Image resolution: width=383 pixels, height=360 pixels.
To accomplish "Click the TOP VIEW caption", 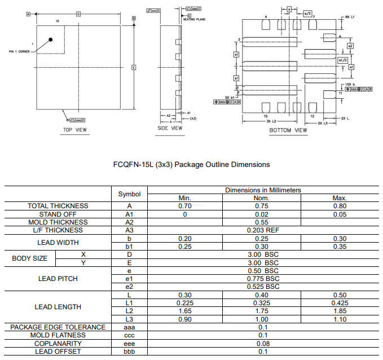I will coord(75,130).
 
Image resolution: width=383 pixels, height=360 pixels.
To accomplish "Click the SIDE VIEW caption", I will coord(170,128).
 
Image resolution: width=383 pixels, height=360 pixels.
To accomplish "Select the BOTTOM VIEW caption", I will coord(288,130).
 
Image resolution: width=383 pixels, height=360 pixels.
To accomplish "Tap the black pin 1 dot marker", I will coord(51,39).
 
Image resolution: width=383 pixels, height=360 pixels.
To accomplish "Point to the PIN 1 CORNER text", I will coord(19,51).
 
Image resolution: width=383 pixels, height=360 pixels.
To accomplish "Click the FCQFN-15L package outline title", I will coord(192,165).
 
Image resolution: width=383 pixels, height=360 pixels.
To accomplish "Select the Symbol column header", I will coord(129,194).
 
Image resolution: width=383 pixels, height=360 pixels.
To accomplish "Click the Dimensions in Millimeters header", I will coord(263,190).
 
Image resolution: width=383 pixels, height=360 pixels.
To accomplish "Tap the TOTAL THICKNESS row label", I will coord(58,206).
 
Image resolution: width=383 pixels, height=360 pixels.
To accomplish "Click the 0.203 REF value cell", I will coord(263,230).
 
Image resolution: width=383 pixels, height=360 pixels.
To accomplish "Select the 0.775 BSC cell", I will coord(263,279).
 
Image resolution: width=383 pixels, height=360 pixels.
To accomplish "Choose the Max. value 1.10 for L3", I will coord(340,319).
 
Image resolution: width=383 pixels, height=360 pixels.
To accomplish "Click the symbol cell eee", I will coord(129,344).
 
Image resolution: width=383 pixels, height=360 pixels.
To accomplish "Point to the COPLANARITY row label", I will coord(58,344).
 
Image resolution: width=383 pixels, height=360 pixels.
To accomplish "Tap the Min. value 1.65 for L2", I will coord(184,311).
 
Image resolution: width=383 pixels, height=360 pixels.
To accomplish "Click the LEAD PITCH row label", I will coord(58,279).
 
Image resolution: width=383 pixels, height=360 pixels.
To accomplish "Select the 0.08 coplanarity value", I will coord(263,344).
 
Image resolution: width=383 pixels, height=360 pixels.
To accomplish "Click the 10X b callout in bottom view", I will coord(350,84).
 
